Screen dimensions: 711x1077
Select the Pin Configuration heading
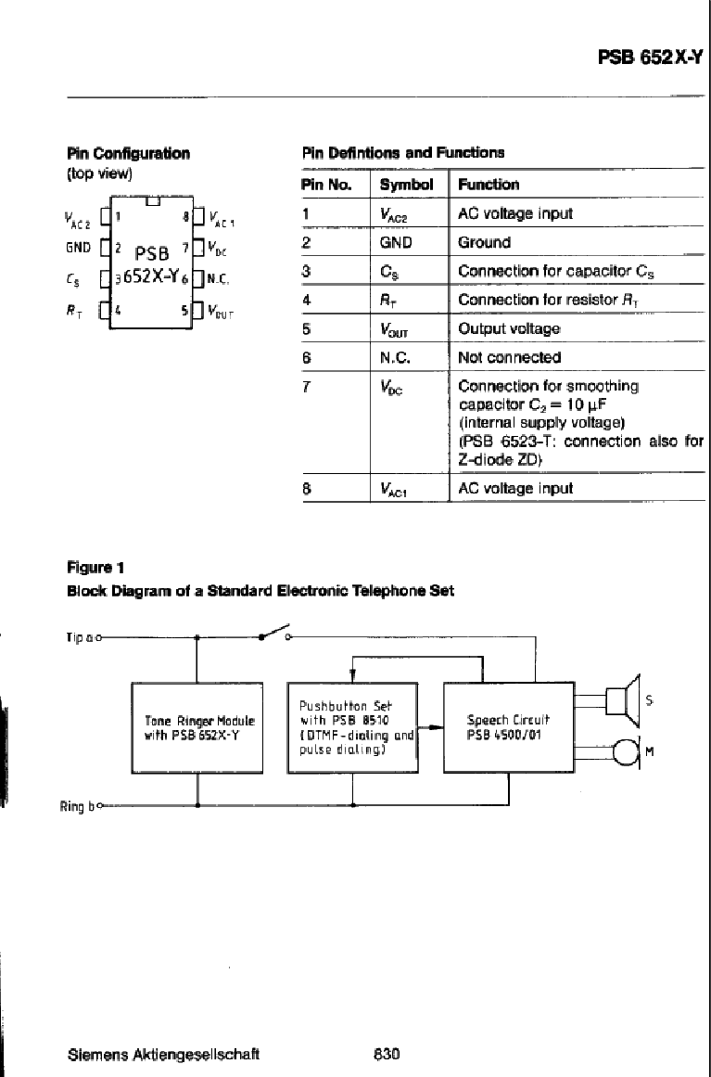[128, 153]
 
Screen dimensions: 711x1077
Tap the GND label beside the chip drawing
[78, 248]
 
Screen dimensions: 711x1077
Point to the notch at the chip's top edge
[153, 200]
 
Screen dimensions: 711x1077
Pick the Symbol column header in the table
[406, 185]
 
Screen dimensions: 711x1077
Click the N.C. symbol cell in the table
[395, 358]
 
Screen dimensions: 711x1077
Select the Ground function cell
[485, 242]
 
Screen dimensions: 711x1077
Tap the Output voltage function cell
[509, 329]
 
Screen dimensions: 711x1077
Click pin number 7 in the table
[307, 387]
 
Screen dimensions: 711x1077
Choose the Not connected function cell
[509, 358]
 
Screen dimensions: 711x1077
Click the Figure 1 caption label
[95, 568]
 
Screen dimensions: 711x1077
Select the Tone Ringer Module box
[197, 728]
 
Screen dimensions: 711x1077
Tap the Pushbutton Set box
[353, 728]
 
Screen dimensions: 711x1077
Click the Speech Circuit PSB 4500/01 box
[509, 728]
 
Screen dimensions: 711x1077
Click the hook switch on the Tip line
[274, 632]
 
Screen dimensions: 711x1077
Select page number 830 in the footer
[387, 1054]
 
